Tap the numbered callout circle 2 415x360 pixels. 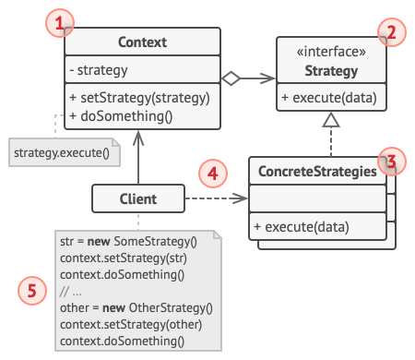coord(391,33)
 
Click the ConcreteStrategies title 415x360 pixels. coord(317,171)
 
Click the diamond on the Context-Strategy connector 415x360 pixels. coord(231,79)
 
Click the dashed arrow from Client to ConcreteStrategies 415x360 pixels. coord(217,198)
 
